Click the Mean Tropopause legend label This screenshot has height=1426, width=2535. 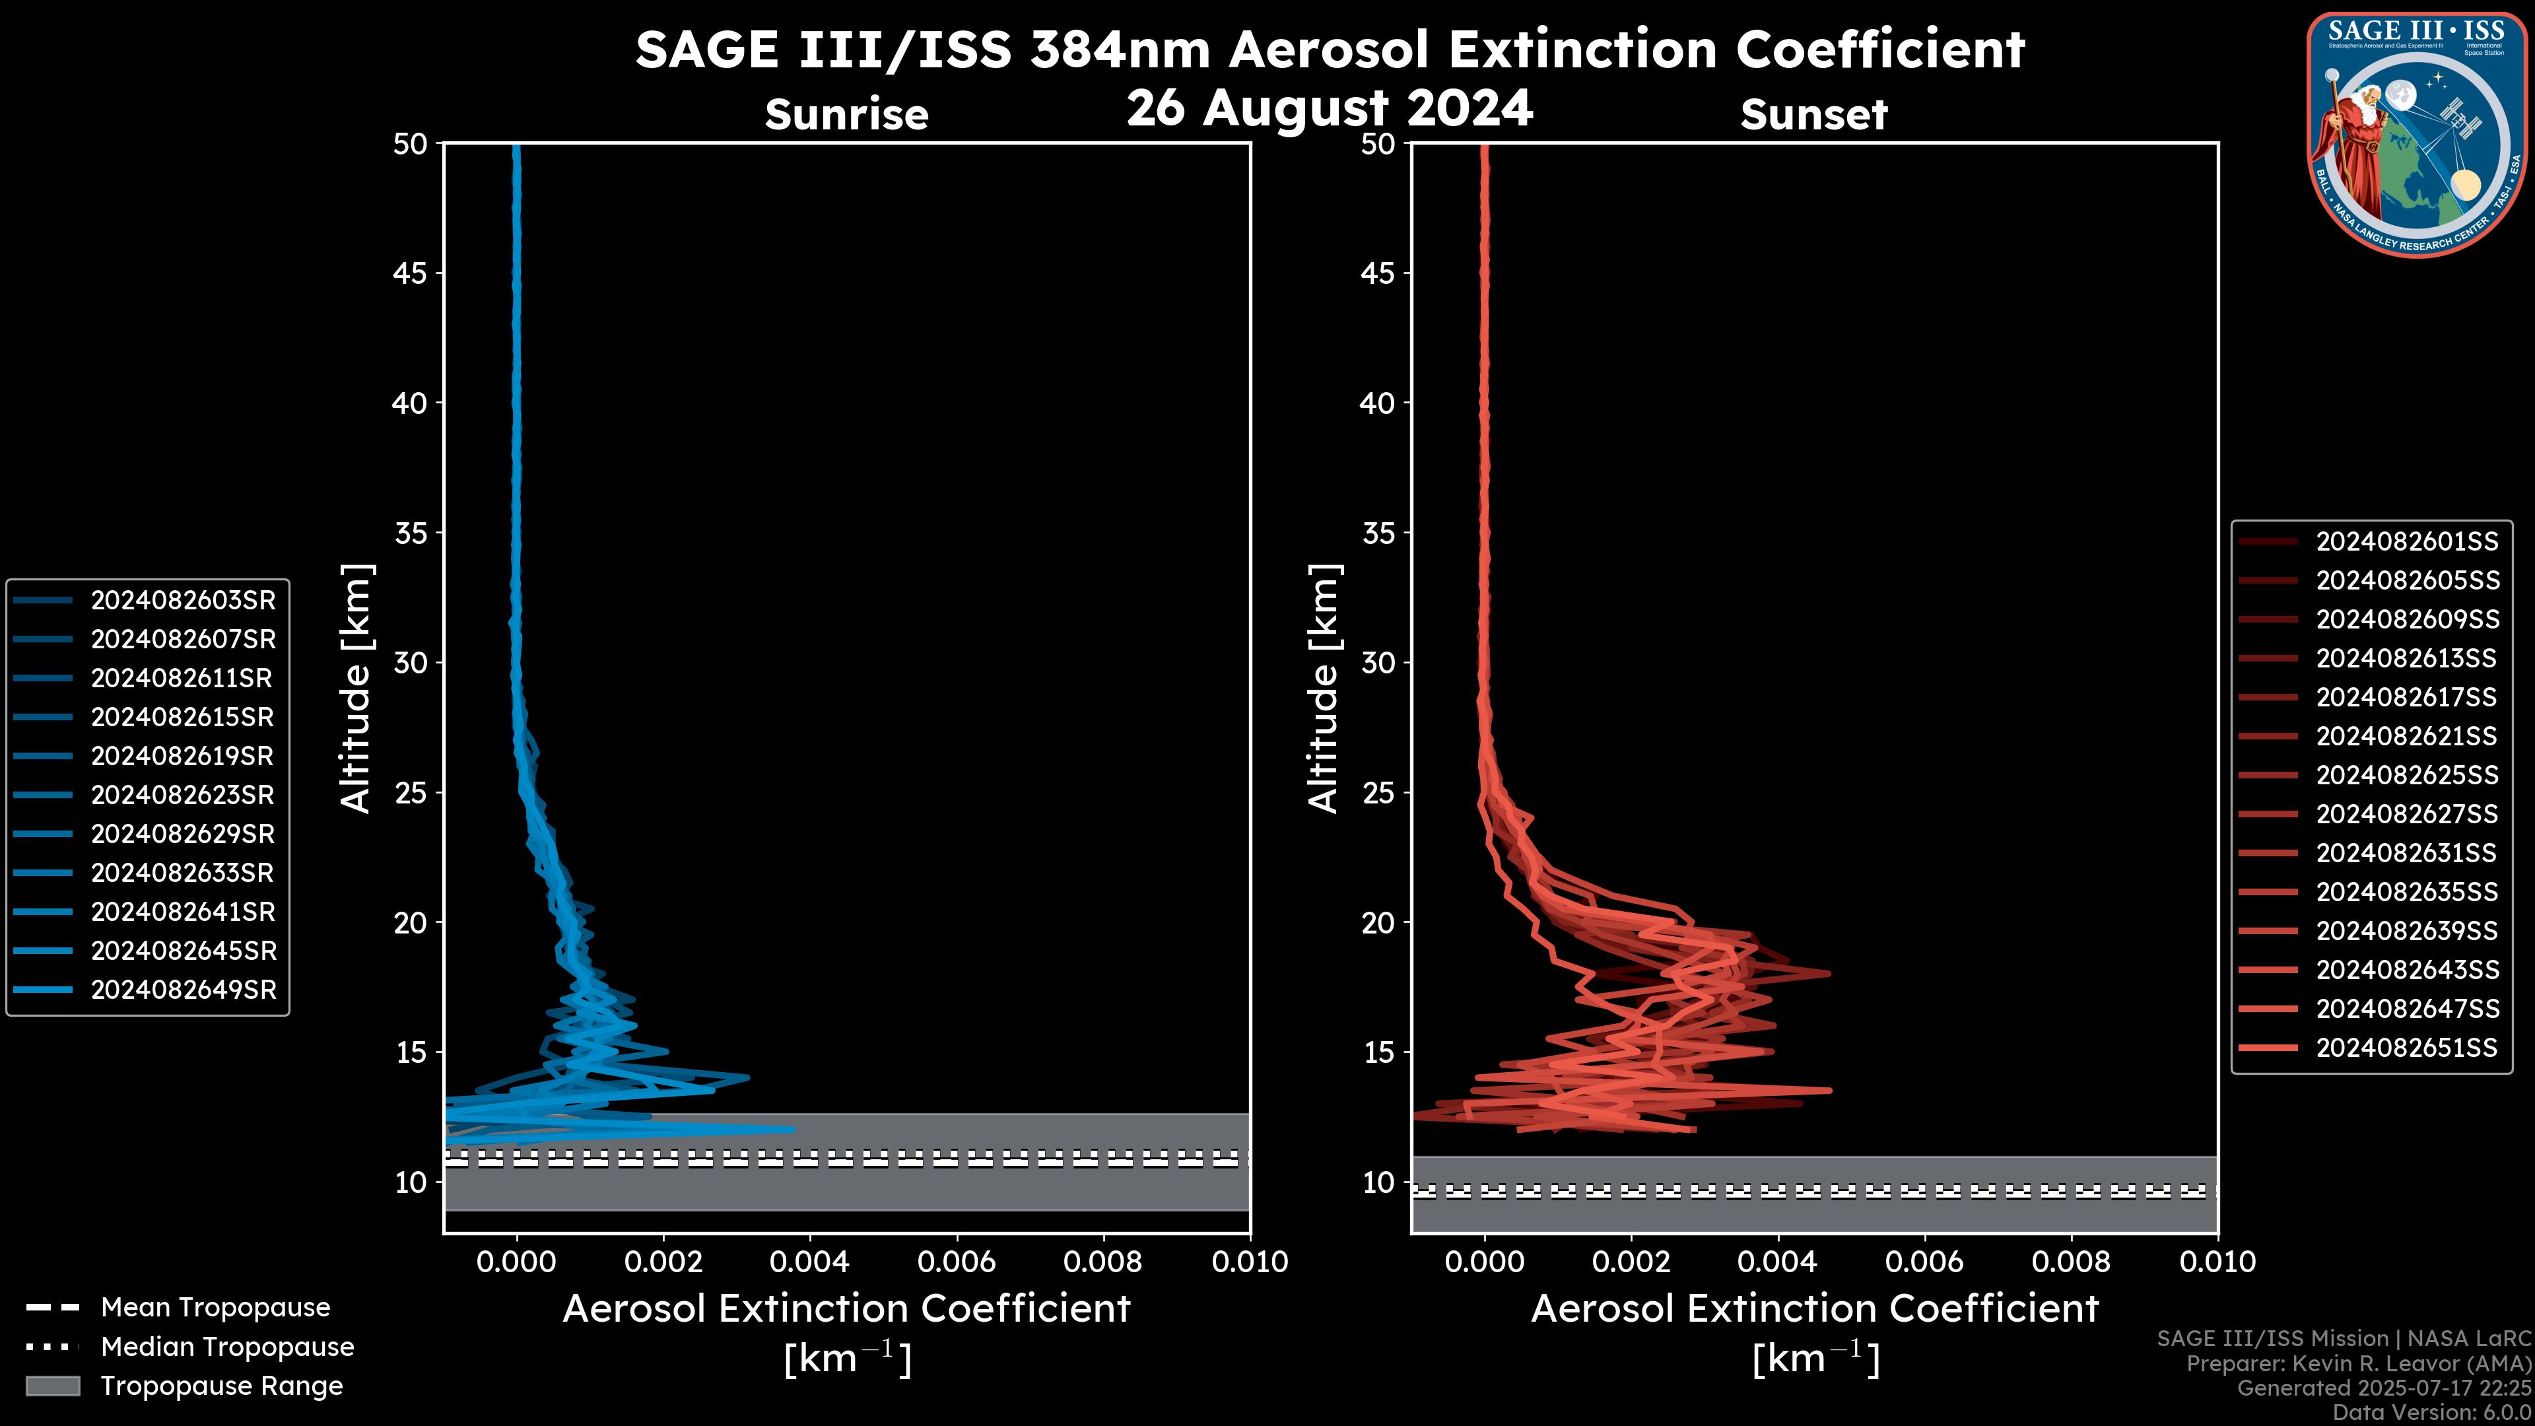tap(215, 1308)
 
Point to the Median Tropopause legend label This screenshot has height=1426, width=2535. tap(227, 1346)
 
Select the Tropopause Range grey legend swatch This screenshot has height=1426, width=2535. tap(52, 1386)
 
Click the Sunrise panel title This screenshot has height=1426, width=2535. tap(846, 115)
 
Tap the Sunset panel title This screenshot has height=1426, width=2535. tap(1813, 115)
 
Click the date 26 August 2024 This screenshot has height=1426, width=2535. tap(1330, 107)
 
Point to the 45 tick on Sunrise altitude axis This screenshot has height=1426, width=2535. tap(411, 273)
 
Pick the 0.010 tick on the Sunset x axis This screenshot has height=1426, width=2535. tap(2217, 1262)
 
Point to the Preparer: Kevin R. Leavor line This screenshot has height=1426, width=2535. tap(2358, 1364)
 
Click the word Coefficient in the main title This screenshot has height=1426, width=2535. tap(1879, 50)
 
